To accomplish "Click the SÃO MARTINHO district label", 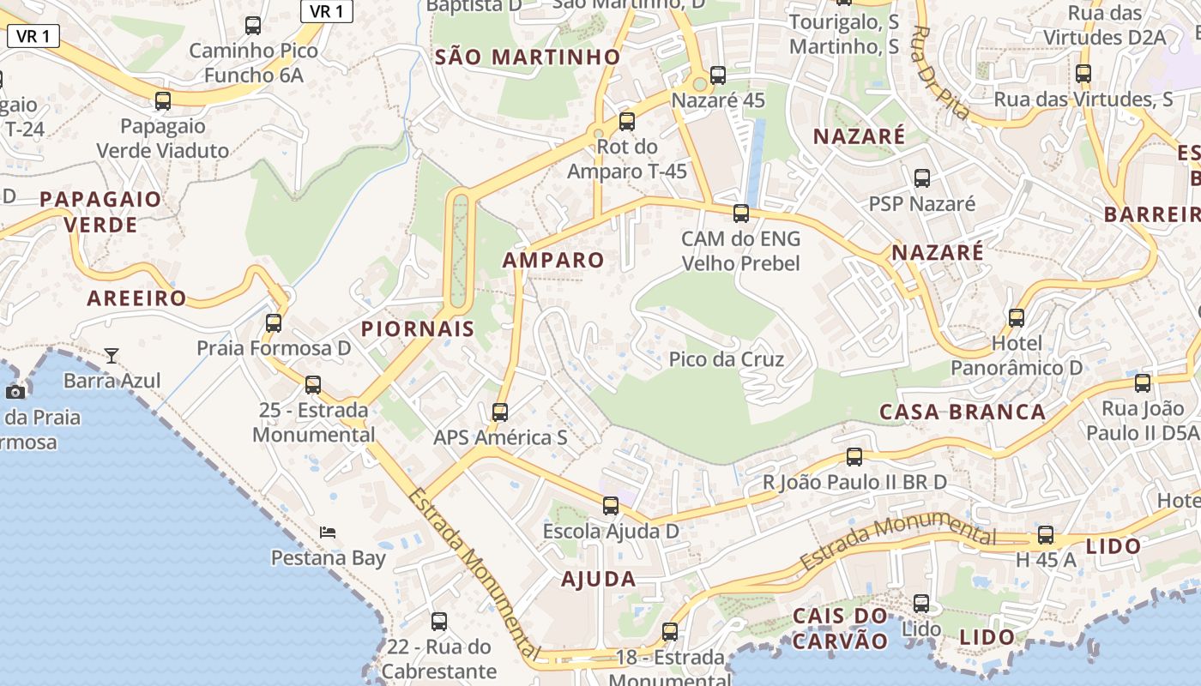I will tap(527, 57).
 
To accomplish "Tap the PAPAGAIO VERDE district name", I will tap(100, 212).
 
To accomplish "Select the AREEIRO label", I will tap(136, 298).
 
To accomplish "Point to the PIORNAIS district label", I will tap(418, 328).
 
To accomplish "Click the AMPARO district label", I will tap(553, 260).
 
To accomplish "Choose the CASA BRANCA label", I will tap(963, 412).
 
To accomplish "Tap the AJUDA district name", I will tap(599, 579).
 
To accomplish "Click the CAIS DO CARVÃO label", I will tap(840, 628).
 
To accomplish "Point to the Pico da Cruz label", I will tap(726, 359).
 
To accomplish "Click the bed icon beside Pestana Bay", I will tap(328, 533).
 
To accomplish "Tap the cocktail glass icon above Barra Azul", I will tap(112, 355).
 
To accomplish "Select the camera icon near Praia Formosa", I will tap(15, 392).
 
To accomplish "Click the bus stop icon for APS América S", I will tap(500, 412).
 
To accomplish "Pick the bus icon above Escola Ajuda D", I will tap(611, 506).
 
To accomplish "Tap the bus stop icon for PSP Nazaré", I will tap(922, 178).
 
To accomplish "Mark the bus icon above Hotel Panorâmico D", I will tap(1017, 318).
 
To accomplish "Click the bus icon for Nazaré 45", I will tap(718, 75).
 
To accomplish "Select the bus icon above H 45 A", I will tap(1046, 535).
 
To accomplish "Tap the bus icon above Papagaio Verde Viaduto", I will tap(163, 101).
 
